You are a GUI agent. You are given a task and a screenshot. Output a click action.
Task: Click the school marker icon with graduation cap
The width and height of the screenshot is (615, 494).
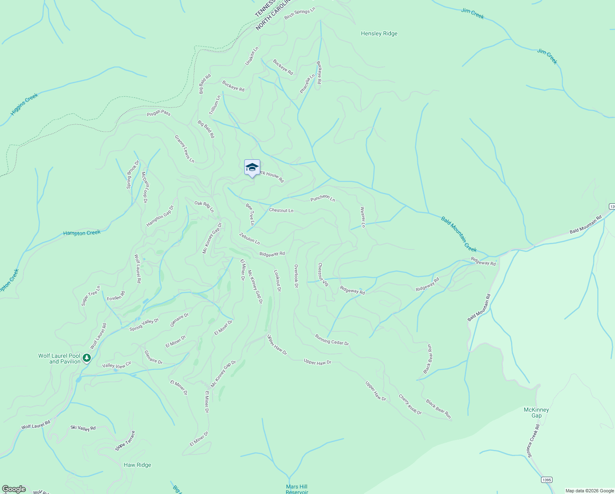(x=252, y=168)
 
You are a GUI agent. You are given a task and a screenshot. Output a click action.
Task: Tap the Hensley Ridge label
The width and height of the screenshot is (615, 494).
(x=379, y=34)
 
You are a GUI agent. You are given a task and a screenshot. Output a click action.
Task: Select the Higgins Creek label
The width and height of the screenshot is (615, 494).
(x=24, y=104)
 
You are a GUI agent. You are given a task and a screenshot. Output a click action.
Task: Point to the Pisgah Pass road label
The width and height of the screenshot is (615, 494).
(x=159, y=113)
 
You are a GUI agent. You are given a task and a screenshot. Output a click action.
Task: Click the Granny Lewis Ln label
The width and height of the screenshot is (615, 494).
(x=184, y=149)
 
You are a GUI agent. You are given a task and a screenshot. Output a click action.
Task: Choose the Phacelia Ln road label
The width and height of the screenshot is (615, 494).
(x=307, y=83)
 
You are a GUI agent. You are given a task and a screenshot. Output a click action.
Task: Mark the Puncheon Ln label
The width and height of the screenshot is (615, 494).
(x=323, y=198)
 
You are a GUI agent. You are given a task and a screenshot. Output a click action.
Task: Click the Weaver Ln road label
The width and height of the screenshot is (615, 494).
(x=363, y=217)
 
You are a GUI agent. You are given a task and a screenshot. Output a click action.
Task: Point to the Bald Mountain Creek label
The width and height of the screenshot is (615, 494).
(x=459, y=234)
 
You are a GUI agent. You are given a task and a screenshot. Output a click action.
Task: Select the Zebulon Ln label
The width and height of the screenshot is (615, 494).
(x=250, y=238)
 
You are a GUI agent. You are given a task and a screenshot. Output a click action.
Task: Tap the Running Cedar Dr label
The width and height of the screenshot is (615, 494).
(x=332, y=340)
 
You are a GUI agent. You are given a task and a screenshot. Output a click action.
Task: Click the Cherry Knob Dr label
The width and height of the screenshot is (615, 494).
(x=410, y=404)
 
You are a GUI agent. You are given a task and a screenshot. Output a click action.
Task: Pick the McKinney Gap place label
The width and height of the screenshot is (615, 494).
(x=536, y=412)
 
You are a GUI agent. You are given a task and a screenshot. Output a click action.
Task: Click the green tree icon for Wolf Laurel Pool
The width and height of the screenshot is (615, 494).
(x=86, y=358)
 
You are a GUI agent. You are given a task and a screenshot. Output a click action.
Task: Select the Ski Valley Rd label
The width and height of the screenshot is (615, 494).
(x=83, y=428)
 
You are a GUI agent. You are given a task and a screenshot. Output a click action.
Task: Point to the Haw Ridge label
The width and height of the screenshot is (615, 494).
(x=137, y=465)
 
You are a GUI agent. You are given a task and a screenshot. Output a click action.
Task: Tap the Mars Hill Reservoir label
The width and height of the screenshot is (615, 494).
(x=297, y=489)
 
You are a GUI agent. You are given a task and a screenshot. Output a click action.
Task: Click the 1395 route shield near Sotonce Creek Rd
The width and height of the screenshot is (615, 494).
(x=546, y=480)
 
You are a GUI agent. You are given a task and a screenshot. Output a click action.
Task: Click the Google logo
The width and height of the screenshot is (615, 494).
(x=14, y=489)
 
